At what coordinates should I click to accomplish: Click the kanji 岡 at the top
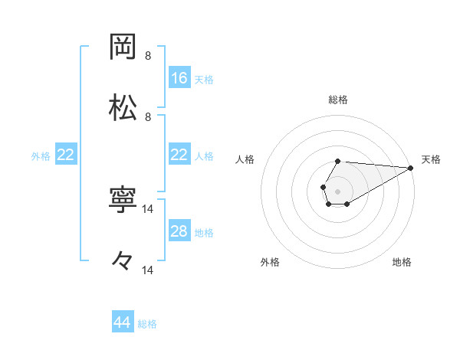coord(123,47)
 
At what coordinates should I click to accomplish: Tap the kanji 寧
coord(123,201)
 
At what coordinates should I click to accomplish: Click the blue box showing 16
coord(179,77)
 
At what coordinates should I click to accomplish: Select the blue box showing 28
coord(179,231)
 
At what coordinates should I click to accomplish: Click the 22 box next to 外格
coord(65,155)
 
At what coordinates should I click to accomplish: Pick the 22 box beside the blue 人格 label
coord(179,155)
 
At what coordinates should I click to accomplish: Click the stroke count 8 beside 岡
coord(148,56)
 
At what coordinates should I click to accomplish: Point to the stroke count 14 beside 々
coord(148,270)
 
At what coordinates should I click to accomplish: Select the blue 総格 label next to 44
coord(147,324)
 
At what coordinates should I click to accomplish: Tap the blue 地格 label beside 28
coord(204,232)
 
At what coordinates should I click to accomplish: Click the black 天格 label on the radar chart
coord(431,159)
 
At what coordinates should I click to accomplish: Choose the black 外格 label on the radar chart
coord(270,262)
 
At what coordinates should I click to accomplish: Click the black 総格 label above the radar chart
coord(338,100)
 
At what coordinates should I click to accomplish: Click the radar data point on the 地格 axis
coord(347,204)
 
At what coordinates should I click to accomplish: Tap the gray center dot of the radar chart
coord(337,190)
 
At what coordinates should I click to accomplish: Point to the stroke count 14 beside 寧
coord(148,209)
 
